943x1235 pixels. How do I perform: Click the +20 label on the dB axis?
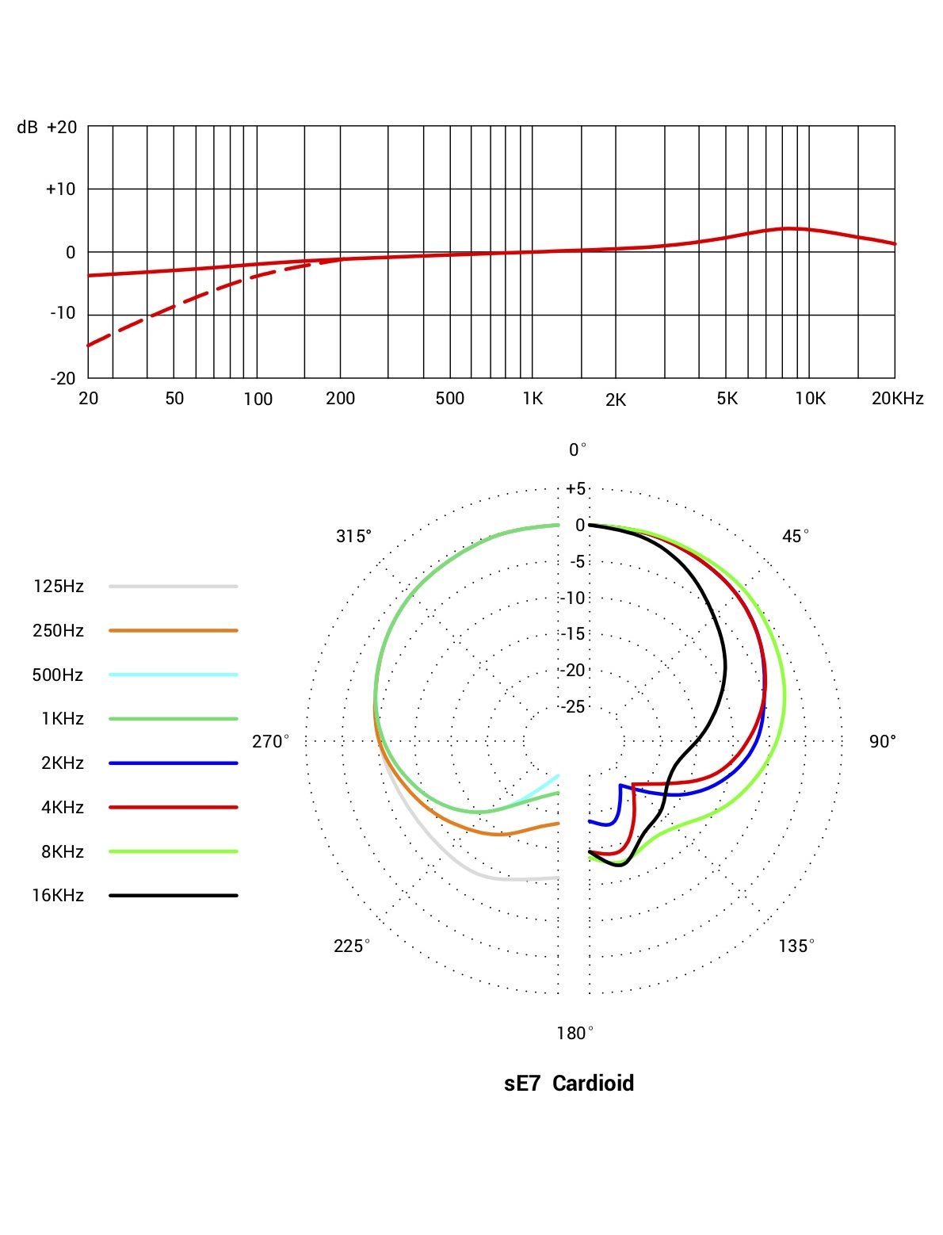point(61,128)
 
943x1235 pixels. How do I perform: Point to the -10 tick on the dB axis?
point(63,314)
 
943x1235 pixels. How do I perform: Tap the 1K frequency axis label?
point(533,399)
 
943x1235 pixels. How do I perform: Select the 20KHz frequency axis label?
point(897,399)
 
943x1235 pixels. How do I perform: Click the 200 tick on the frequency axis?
point(340,399)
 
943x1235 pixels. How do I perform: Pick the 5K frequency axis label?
point(727,399)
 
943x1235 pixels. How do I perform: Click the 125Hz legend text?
point(58,587)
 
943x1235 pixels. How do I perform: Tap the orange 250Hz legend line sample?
point(174,631)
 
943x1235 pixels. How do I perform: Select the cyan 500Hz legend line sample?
point(174,675)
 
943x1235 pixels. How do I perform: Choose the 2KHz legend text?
point(62,763)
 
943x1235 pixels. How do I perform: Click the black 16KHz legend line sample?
point(174,896)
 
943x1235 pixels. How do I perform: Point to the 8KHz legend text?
point(62,852)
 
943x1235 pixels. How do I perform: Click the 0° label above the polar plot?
point(578,450)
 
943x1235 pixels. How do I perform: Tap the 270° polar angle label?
point(270,742)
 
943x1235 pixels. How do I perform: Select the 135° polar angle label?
point(796,946)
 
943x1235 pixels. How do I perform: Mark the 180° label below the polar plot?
point(575,1034)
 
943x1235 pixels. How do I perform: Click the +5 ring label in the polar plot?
point(575,489)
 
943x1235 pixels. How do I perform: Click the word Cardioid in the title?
point(593,1084)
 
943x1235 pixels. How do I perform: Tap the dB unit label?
point(27,128)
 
